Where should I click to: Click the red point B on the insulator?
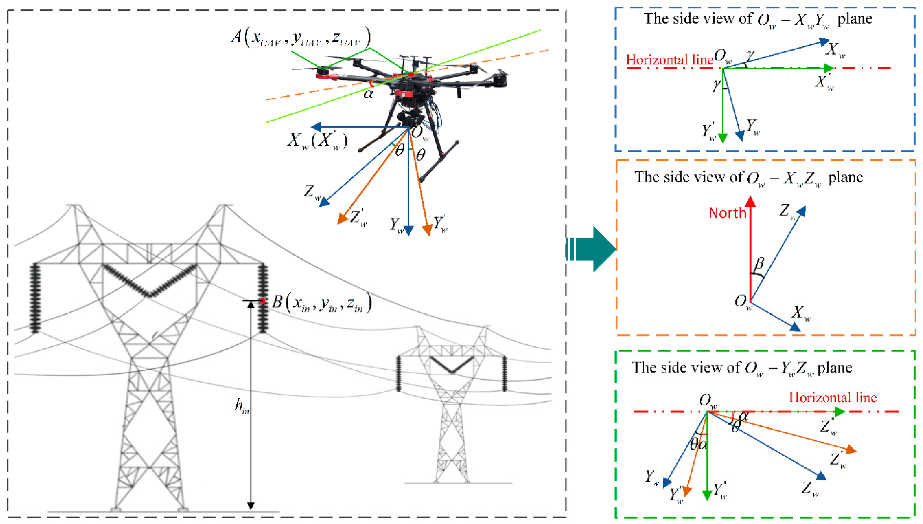point(263,300)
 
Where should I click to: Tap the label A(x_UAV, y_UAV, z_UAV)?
point(301,36)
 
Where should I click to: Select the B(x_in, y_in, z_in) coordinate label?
point(322,303)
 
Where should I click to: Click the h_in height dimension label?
point(242,406)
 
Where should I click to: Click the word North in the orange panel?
point(727,213)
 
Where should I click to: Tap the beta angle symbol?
point(759,264)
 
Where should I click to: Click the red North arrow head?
point(750,201)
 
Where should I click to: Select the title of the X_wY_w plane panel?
point(757,20)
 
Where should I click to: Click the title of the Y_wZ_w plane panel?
point(742,368)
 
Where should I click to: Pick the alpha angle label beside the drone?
point(368,93)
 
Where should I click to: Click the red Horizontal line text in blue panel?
point(669,60)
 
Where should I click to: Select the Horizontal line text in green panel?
point(833,397)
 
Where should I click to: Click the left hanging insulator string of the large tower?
point(35,298)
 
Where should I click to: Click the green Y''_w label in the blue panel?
point(709,131)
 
